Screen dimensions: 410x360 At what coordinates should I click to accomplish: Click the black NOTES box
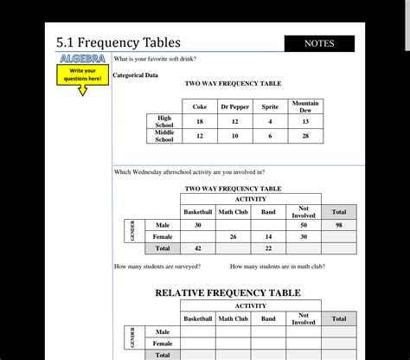pyautogui.click(x=319, y=43)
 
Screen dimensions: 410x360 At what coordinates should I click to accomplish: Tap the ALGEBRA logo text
pyautogui.click(x=83, y=58)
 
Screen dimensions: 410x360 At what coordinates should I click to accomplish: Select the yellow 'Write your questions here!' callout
pyautogui.click(x=83, y=74)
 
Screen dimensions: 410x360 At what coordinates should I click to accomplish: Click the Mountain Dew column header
pyautogui.click(x=305, y=106)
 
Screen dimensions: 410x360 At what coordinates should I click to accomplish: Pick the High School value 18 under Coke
pyautogui.click(x=200, y=122)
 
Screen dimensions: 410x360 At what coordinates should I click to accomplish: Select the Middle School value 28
pyautogui.click(x=305, y=136)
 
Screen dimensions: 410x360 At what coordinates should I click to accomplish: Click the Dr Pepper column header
pyautogui.click(x=234, y=106)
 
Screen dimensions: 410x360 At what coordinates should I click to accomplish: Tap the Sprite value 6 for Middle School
pyautogui.click(x=270, y=136)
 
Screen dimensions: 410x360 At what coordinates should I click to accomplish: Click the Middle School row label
pyautogui.click(x=164, y=136)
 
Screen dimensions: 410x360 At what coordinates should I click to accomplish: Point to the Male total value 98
pyautogui.click(x=338, y=225)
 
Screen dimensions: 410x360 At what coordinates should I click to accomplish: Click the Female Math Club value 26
pyautogui.click(x=234, y=236)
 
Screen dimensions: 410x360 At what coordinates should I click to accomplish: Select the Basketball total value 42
pyautogui.click(x=197, y=248)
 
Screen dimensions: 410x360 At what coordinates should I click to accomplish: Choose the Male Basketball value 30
pyautogui.click(x=197, y=225)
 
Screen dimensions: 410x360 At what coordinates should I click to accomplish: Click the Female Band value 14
pyautogui.click(x=268, y=236)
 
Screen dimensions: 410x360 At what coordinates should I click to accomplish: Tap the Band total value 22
pyautogui.click(x=268, y=248)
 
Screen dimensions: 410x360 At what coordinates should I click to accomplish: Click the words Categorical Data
pyautogui.click(x=136, y=75)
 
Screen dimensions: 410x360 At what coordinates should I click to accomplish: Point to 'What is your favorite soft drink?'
pyautogui.click(x=155, y=59)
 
